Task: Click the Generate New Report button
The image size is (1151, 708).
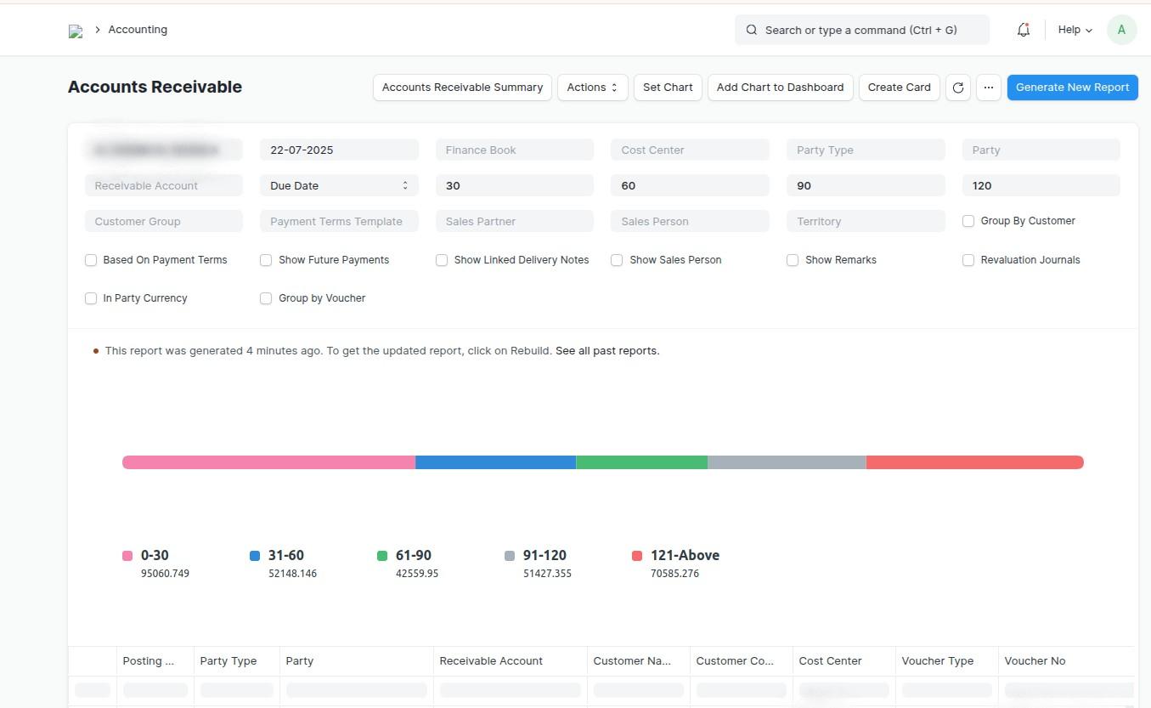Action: pos(1072,88)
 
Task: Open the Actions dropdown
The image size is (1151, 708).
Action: pos(592,88)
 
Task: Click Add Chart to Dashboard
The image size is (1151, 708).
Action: pos(780,88)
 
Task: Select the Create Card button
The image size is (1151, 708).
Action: pos(899,88)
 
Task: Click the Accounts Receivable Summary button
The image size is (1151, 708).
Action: pos(462,88)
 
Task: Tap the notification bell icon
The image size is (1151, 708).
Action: pos(1024,30)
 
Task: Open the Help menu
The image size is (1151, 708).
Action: pos(1075,30)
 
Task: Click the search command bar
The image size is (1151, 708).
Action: pos(861,30)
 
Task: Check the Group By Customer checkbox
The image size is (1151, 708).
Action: pos(968,221)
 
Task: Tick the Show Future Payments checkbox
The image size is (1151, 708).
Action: pos(266,260)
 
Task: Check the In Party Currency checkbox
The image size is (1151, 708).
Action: pos(91,298)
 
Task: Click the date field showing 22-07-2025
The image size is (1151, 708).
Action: pos(339,150)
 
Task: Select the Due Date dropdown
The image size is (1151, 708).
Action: pos(339,185)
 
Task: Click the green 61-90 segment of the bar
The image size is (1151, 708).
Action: pos(641,462)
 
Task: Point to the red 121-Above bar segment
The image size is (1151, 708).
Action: pos(974,462)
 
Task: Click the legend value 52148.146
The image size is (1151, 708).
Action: pos(292,574)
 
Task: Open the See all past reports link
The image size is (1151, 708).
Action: pos(607,351)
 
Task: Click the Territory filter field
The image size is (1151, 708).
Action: pos(865,222)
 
